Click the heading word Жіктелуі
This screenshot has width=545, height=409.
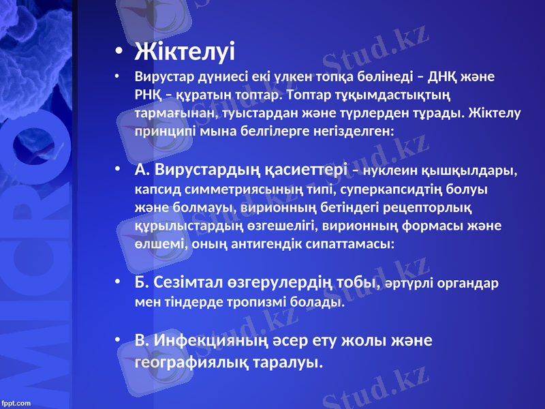[185, 51]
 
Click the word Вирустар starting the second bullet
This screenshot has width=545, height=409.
[166, 76]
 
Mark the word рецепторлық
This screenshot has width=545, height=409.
[430, 206]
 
